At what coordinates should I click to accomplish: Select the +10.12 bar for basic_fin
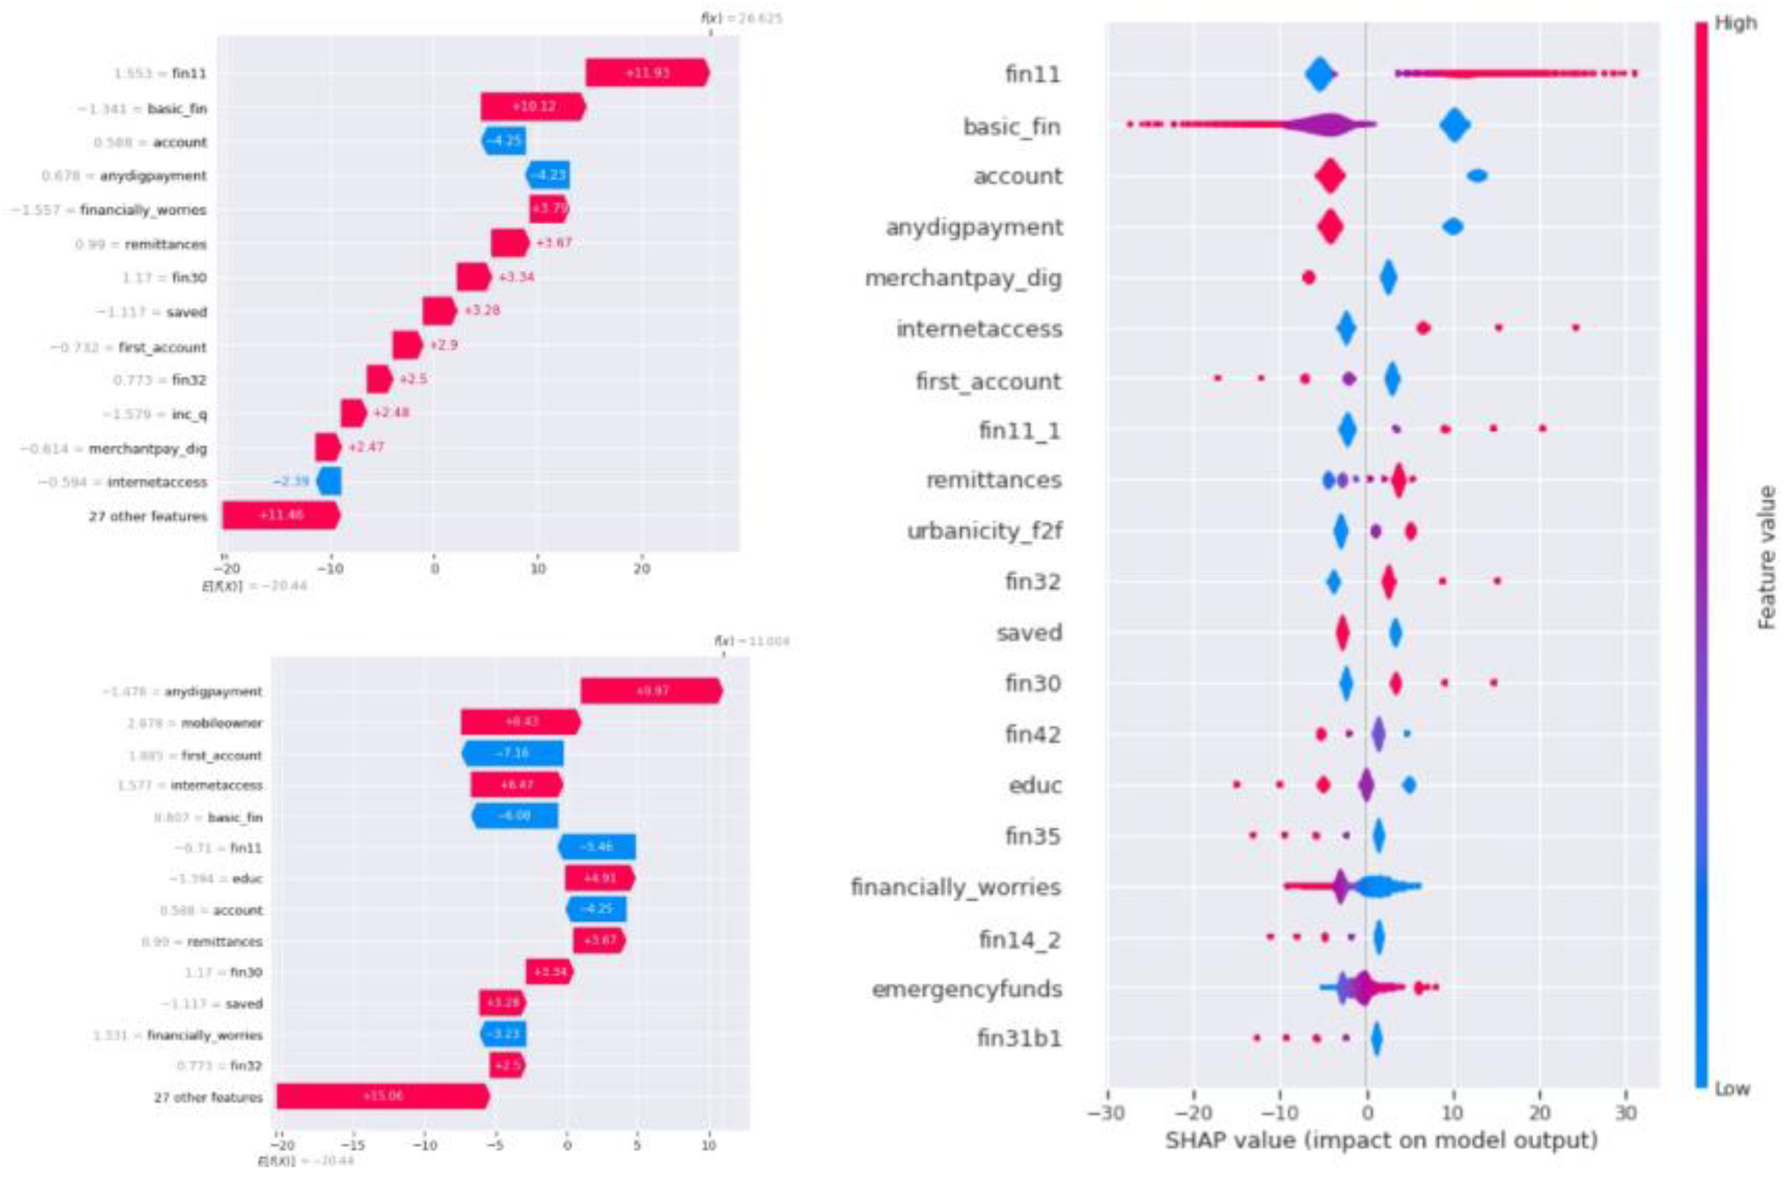pos(532,107)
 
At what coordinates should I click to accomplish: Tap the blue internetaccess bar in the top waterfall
pos(329,481)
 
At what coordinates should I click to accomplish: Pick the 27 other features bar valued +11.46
pos(281,516)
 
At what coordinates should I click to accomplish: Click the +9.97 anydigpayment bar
pos(651,691)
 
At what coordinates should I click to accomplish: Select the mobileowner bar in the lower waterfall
pos(521,723)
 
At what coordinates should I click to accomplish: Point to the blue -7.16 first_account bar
pos(512,753)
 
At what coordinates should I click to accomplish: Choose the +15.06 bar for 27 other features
pos(382,1096)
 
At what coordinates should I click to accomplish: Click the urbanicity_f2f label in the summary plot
pos(985,531)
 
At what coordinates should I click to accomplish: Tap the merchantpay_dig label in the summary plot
pos(963,278)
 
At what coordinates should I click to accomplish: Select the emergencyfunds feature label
pos(967,988)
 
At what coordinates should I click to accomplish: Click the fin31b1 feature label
pos(1019,1039)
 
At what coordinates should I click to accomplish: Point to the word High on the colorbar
pos(1735,24)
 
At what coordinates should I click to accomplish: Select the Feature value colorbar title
pos(1766,557)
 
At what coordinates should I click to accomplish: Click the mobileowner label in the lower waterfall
pos(221,723)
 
